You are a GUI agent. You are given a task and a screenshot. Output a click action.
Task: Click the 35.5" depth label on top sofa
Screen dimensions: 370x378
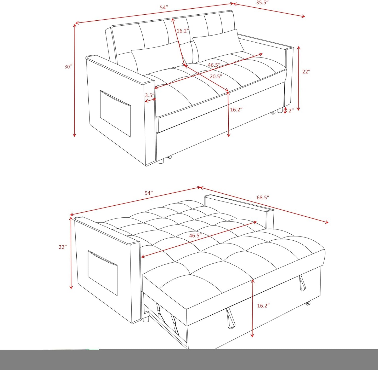262,3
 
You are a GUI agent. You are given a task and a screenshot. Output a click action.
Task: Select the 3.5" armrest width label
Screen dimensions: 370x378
150,95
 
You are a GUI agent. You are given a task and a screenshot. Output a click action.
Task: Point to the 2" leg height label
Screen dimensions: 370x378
291,111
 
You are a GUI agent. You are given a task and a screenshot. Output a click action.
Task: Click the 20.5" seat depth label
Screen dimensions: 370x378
216,76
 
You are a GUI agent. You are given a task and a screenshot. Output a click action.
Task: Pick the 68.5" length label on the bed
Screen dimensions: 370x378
263,198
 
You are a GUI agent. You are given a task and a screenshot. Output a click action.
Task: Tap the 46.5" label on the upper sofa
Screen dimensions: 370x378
214,65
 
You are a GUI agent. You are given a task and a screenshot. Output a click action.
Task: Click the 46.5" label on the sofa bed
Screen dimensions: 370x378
195,235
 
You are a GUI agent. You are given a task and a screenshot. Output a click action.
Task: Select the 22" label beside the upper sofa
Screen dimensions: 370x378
306,72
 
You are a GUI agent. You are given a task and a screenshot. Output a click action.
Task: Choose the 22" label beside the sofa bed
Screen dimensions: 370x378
63,247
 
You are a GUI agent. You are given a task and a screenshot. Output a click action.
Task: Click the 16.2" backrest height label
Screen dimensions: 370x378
183,31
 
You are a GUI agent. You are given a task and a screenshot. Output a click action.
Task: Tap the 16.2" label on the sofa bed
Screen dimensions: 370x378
263,305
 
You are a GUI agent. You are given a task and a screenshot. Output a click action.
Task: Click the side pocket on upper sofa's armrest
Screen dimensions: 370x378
115,114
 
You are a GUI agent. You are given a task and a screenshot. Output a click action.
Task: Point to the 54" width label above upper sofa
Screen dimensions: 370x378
164,8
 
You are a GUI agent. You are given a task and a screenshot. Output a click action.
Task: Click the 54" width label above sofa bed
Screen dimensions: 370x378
149,193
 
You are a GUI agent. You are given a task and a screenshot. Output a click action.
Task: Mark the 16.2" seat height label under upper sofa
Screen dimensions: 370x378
236,110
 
